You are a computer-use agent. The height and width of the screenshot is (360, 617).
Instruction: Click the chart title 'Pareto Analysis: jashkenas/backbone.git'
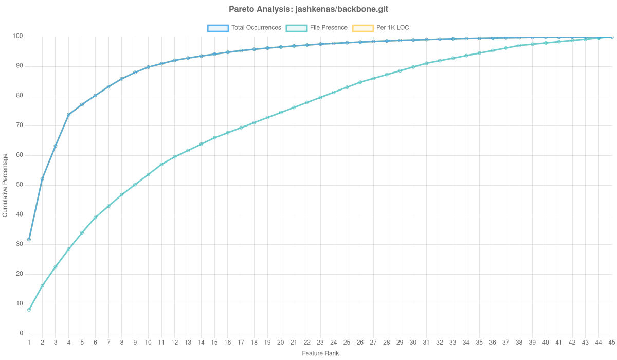308,9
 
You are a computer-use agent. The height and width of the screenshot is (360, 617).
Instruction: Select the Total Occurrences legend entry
244,28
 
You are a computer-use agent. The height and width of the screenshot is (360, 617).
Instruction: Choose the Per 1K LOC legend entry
380,28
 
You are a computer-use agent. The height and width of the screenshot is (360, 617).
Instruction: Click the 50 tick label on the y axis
20,185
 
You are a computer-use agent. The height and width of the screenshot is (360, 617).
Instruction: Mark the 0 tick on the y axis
21,333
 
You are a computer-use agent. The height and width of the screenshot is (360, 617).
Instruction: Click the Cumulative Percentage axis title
5,185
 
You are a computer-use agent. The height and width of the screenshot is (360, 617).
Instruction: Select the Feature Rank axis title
320,354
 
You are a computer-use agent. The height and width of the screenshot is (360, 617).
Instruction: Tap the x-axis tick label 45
612,342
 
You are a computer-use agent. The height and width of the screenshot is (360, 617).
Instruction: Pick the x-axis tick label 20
281,342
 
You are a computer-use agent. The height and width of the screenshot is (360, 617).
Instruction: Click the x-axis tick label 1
29,342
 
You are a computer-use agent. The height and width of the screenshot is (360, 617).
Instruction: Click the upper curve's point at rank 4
68,115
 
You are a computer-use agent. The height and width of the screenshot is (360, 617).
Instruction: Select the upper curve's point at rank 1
29,240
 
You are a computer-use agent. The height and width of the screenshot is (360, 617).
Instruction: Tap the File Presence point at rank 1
29,310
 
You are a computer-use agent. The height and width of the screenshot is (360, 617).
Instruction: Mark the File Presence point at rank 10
148,174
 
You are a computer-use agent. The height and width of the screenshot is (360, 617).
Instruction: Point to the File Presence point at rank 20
281,113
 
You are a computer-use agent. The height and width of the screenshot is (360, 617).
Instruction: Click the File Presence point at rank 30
413,67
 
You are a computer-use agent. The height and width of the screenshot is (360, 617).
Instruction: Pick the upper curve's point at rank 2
42,178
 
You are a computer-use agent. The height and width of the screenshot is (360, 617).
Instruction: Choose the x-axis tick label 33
453,342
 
